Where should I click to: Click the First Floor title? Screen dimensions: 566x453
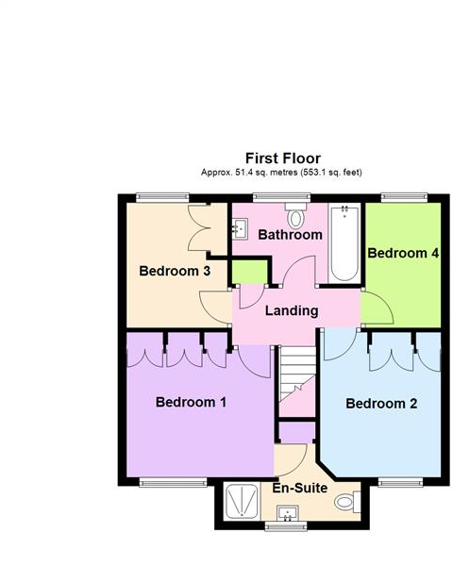click(283, 158)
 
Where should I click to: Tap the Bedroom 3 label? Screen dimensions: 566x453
click(175, 272)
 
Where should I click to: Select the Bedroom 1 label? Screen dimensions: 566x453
click(191, 402)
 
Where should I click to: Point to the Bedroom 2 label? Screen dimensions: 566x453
click(381, 405)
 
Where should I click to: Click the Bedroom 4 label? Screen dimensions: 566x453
click(403, 254)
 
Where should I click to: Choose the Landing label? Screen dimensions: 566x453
click(291, 311)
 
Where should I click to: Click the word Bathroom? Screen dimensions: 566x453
click(291, 235)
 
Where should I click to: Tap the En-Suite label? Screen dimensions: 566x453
click(300, 489)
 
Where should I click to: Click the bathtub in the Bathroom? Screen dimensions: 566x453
click(344, 243)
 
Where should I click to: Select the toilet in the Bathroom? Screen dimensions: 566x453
click(296, 218)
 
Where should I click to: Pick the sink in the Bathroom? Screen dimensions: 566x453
click(239, 226)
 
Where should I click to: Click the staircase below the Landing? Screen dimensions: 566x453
click(296, 377)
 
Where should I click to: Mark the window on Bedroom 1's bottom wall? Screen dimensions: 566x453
click(173, 482)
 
